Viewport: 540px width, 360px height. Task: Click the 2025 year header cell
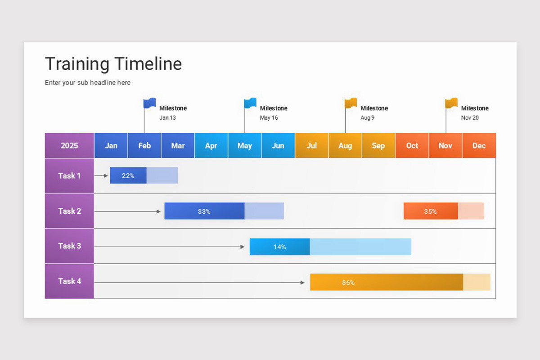pyautogui.click(x=69, y=145)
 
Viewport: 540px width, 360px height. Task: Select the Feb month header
pyautogui.click(x=144, y=145)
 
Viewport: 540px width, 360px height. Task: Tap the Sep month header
pyautogui.click(x=378, y=145)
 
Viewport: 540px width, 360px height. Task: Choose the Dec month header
pyautogui.click(x=479, y=145)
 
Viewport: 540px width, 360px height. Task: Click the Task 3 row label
pyautogui.click(x=69, y=246)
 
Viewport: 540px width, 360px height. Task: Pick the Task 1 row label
pyautogui.click(x=69, y=175)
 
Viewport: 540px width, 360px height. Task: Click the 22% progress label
pyautogui.click(x=128, y=175)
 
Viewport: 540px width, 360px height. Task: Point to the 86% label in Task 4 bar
pyautogui.click(x=348, y=283)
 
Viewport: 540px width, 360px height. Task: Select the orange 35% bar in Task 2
pyautogui.click(x=431, y=211)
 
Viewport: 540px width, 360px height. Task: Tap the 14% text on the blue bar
pyautogui.click(x=279, y=247)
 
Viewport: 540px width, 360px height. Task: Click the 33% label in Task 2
pyautogui.click(x=204, y=211)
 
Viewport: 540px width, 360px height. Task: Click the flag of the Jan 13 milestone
pyautogui.click(x=150, y=103)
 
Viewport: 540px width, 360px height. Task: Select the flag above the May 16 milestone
pyautogui.click(x=250, y=103)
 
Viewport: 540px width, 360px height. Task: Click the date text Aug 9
pyautogui.click(x=367, y=117)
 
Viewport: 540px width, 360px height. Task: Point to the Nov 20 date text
pyautogui.click(x=470, y=117)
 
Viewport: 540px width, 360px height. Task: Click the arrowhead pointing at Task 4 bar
pyautogui.click(x=302, y=283)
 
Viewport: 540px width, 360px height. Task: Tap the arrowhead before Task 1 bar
pyautogui.click(x=106, y=176)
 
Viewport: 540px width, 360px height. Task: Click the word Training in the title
pyautogui.click(x=77, y=64)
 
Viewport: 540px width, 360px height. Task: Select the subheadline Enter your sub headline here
pyautogui.click(x=88, y=83)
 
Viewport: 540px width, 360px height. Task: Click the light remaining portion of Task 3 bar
pyautogui.click(x=360, y=247)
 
